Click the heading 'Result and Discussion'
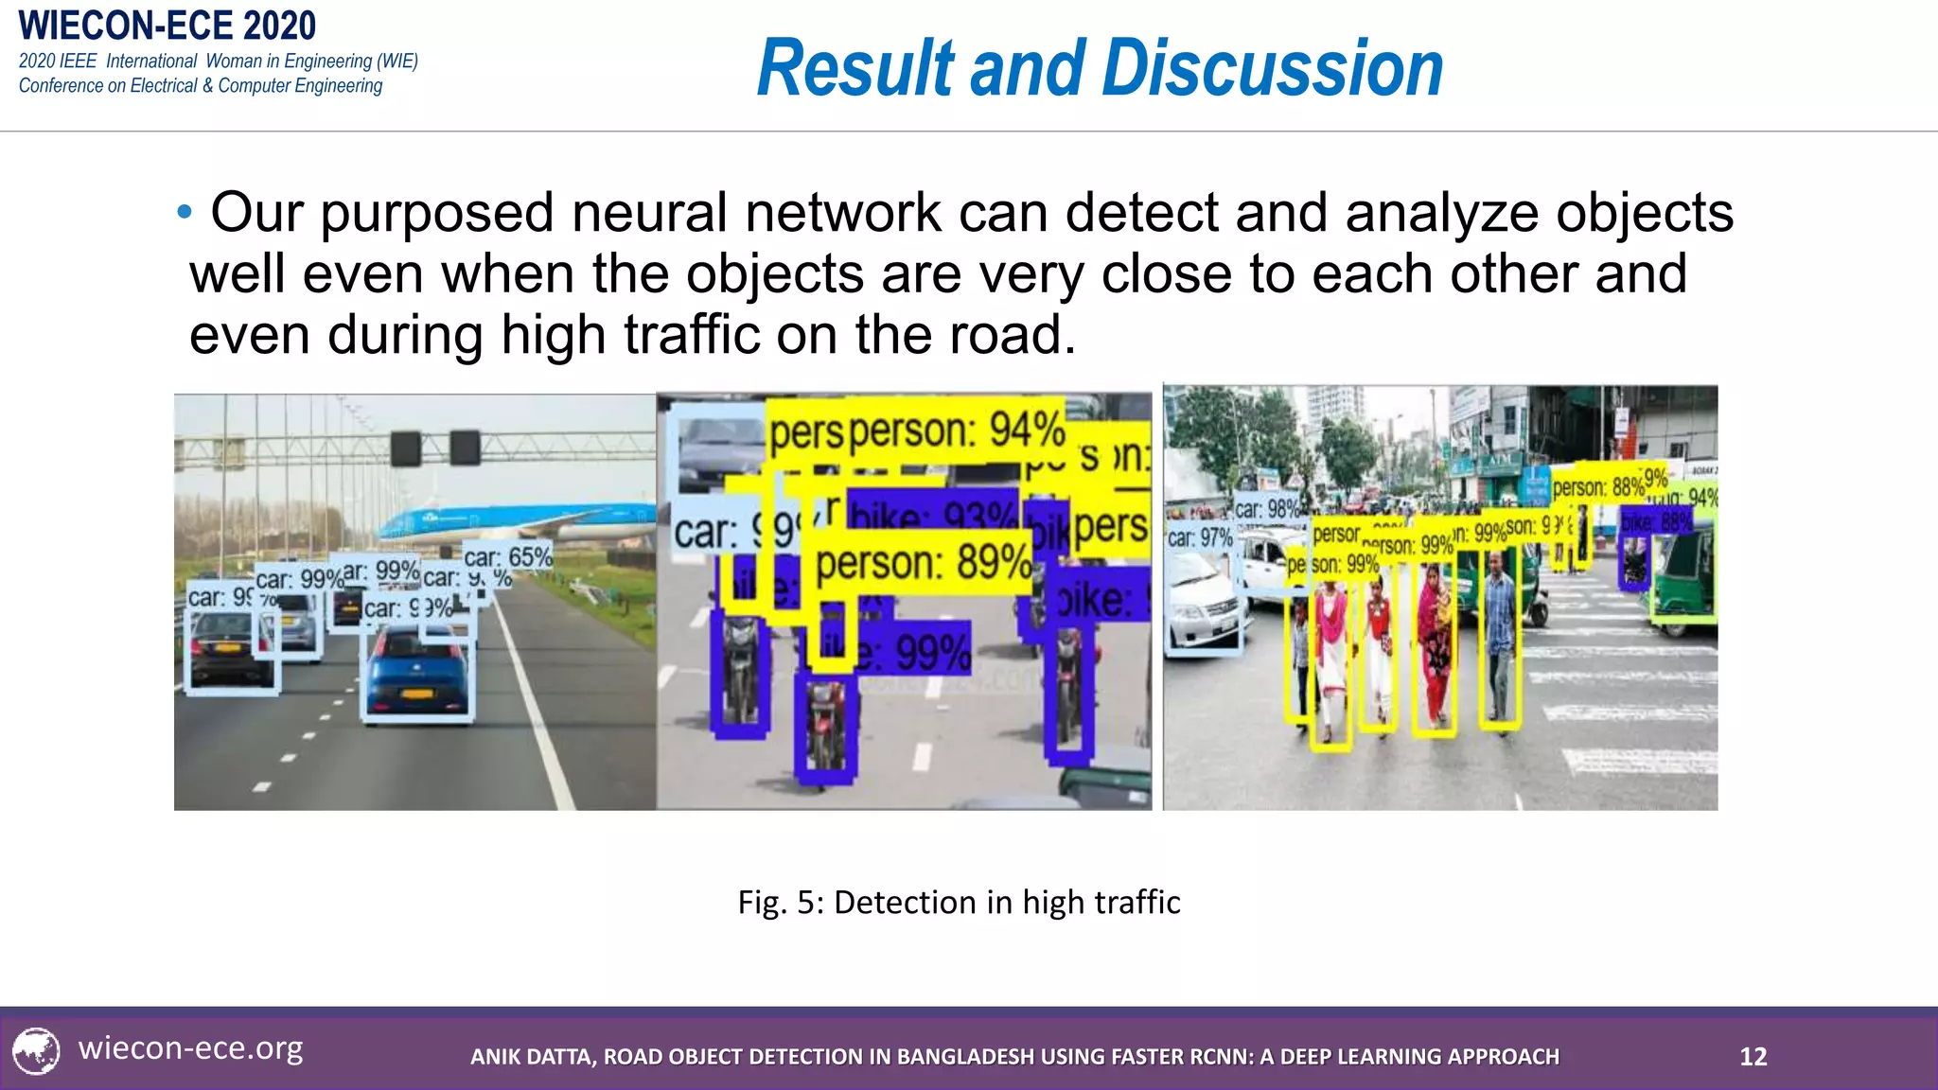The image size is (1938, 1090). pos(1100,68)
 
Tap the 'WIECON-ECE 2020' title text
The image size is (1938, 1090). pos(167,26)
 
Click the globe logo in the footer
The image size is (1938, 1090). pos(36,1050)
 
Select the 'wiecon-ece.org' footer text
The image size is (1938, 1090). pos(190,1048)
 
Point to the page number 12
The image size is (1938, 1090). pos(1753,1057)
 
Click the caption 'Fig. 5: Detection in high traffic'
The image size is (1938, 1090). pos(959,903)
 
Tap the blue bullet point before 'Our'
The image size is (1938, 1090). pos(185,212)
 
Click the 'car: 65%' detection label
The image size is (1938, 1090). pos(507,556)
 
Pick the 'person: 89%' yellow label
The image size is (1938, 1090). pos(923,564)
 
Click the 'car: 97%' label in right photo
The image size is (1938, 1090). pos(1199,537)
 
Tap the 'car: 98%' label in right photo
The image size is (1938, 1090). pos(1268,508)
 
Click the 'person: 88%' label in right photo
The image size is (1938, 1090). pos(1597,487)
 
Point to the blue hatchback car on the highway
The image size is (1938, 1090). pos(416,674)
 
